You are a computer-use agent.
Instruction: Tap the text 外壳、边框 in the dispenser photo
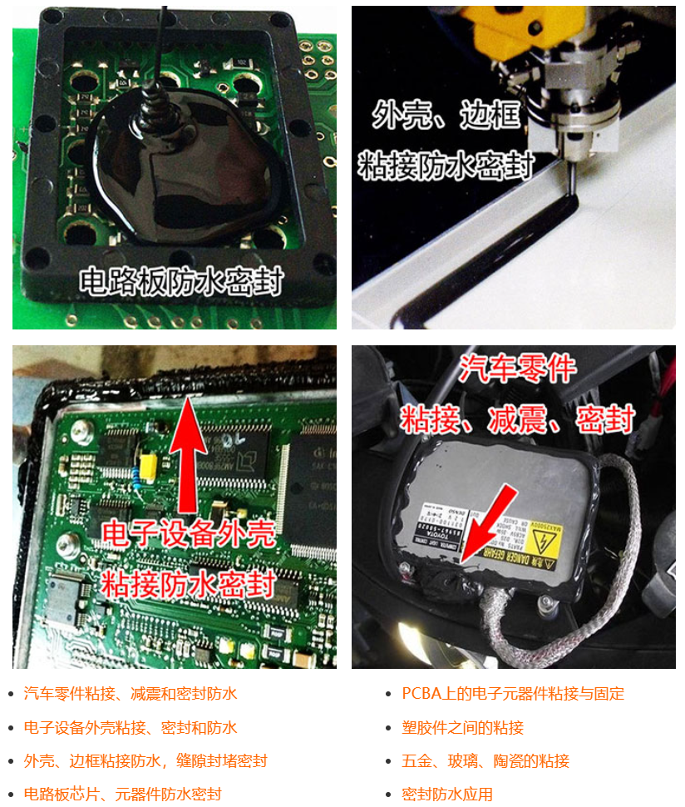(x=446, y=114)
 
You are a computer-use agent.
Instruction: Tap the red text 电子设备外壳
(x=188, y=533)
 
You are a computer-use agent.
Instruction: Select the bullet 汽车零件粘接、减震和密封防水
(x=131, y=693)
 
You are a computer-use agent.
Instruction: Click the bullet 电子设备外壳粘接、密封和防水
(x=131, y=727)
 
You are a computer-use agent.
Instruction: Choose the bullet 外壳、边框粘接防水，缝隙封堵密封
(x=145, y=760)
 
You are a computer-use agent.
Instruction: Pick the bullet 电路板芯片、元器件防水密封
(x=123, y=794)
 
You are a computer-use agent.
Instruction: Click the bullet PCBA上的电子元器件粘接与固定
(x=513, y=693)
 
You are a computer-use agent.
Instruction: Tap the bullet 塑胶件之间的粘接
(x=462, y=727)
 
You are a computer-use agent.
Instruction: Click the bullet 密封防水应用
(x=447, y=794)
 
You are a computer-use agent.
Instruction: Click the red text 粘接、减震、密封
(x=517, y=418)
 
